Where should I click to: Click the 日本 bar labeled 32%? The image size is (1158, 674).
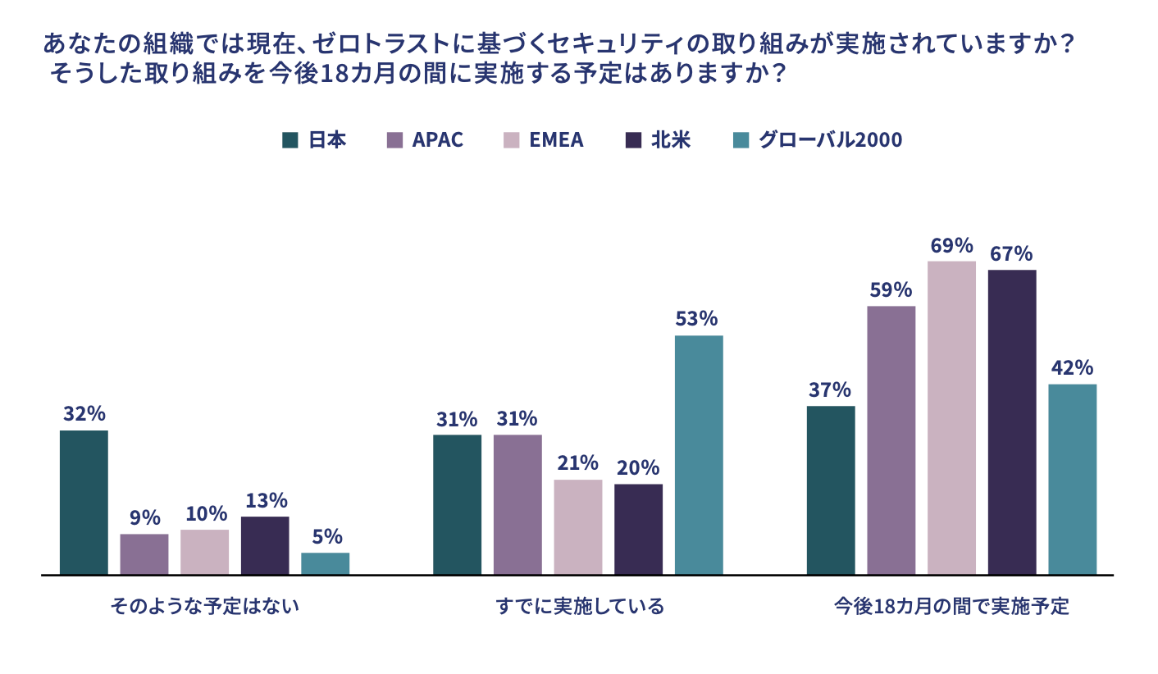[x=84, y=502]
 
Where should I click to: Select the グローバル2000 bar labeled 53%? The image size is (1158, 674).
[x=699, y=454]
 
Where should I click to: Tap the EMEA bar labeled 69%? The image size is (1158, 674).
[x=951, y=417]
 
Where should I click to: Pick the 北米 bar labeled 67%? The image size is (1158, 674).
[x=1012, y=421]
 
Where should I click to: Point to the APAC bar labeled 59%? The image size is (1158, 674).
[x=891, y=439]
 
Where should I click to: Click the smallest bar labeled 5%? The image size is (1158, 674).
[x=325, y=563]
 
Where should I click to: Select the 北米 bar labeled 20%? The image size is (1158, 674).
[x=638, y=529]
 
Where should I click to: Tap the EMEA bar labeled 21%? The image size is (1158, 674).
[x=578, y=526]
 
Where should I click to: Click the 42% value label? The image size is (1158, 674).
[x=1072, y=368]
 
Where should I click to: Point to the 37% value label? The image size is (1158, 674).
[x=830, y=390]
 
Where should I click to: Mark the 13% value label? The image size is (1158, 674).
[x=266, y=500]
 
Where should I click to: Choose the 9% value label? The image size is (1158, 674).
[x=144, y=518]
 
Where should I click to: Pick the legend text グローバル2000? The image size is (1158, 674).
[x=830, y=139]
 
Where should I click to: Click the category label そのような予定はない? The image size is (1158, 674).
[x=205, y=608]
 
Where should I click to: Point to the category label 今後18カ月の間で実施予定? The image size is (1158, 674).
[x=951, y=608]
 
